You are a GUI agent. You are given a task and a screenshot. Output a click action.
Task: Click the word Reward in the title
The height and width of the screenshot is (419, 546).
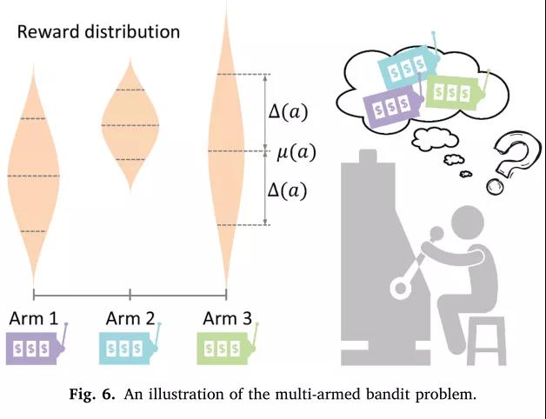(48, 31)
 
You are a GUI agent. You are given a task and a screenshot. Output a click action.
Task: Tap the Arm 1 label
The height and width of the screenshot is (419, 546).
(34, 318)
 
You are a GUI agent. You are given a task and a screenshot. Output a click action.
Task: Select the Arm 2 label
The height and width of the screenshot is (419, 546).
(130, 318)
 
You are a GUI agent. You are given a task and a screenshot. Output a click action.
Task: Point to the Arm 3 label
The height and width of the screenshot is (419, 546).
(227, 318)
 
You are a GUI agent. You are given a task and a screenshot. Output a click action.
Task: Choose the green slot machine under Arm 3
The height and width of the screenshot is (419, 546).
(228, 344)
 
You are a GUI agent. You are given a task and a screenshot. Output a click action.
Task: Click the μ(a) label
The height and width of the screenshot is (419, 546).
(296, 152)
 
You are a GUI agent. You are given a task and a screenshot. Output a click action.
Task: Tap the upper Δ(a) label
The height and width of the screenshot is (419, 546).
(288, 112)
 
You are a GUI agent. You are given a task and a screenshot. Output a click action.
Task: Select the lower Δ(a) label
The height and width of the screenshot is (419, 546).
(288, 191)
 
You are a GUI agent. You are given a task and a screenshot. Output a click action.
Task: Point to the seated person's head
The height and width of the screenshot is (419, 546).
(468, 222)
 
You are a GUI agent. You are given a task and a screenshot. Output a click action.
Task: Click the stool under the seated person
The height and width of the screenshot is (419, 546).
(486, 341)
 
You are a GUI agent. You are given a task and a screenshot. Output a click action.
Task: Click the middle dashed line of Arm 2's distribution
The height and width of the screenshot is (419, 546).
(130, 125)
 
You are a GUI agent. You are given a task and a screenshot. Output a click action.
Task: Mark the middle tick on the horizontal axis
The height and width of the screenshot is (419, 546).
(130, 295)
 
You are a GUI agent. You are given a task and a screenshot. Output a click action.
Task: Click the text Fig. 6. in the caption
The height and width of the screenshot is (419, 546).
(92, 395)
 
